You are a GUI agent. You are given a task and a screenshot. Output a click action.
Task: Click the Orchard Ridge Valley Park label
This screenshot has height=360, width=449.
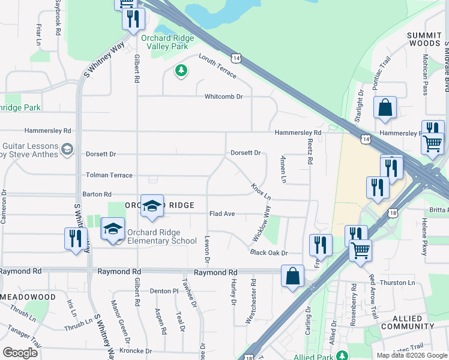[x=167, y=42]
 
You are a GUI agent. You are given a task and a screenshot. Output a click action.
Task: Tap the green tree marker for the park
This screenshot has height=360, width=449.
[x=181, y=71]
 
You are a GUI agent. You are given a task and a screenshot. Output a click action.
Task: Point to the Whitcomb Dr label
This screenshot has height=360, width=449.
[x=223, y=96]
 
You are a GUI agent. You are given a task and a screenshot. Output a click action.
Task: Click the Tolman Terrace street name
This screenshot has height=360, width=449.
[x=109, y=175]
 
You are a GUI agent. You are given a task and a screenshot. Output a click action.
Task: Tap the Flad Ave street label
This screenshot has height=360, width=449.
[x=221, y=214]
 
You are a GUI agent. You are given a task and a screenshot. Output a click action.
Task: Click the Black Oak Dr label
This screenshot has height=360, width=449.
[x=270, y=253]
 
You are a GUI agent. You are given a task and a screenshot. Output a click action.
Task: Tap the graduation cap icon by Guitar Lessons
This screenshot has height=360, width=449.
[x=67, y=148]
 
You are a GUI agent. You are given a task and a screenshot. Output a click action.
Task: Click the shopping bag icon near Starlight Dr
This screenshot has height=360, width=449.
[x=385, y=109]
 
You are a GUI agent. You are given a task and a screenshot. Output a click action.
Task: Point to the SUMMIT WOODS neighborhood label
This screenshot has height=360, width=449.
[x=424, y=40]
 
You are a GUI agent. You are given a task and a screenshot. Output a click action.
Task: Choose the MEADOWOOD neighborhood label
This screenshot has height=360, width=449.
[x=28, y=297]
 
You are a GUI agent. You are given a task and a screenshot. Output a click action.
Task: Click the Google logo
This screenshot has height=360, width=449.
[x=20, y=352]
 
